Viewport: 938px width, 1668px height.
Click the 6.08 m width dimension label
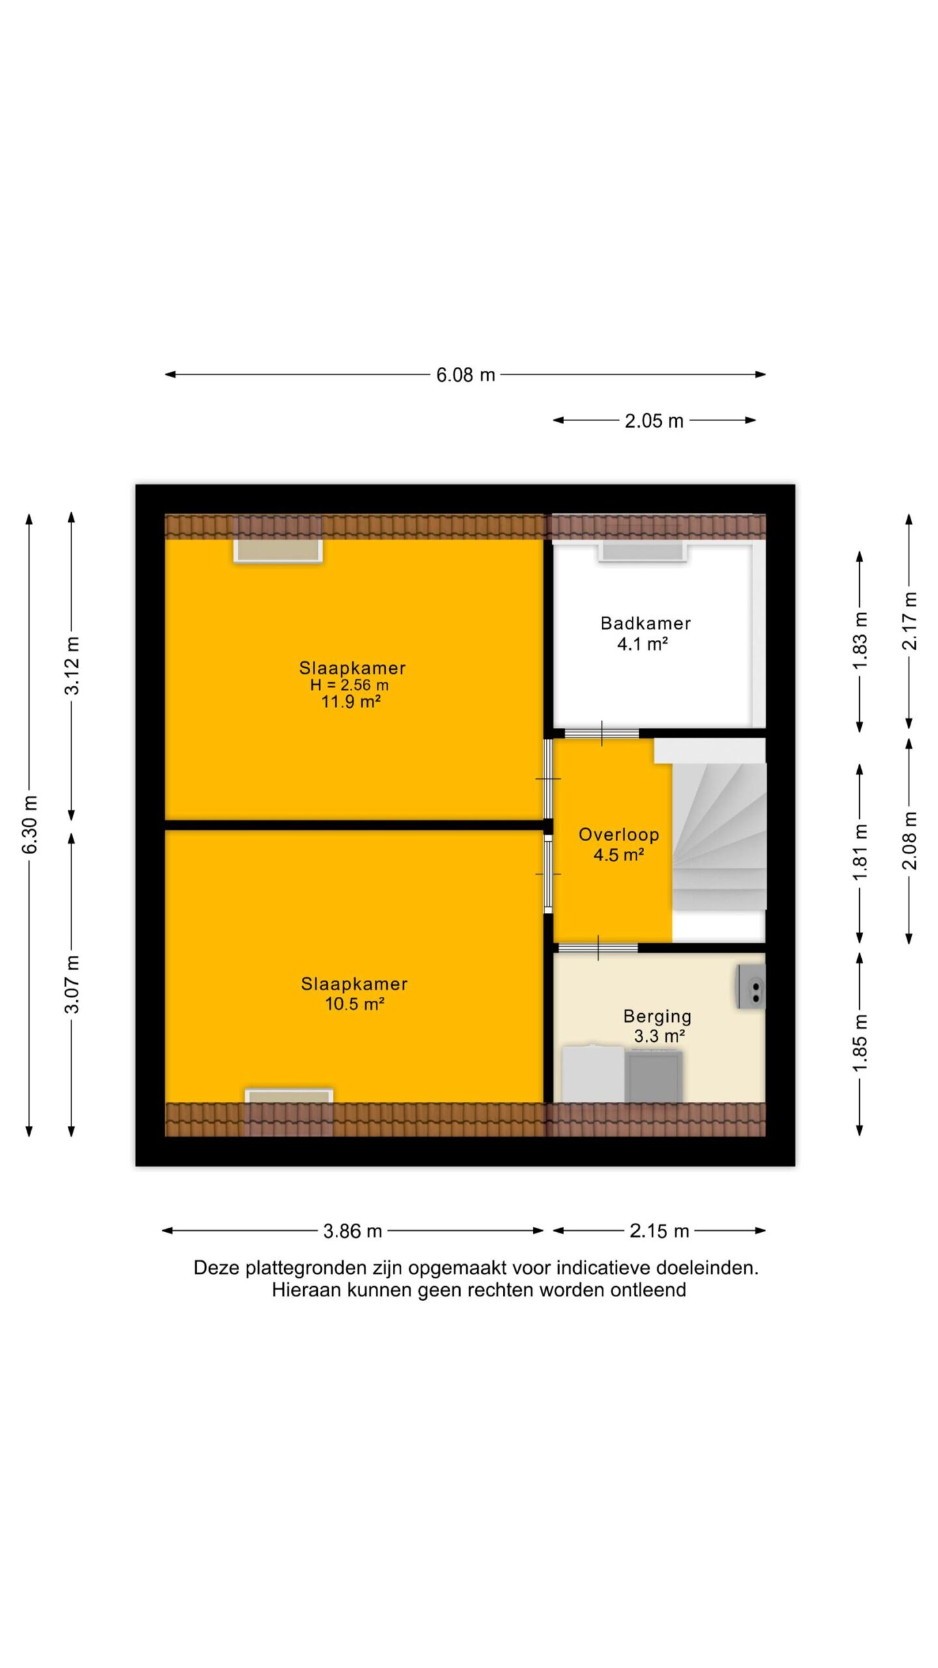(x=465, y=375)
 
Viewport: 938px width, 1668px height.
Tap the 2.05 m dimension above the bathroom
(x=654, y=421)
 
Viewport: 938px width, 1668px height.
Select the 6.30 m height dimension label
(x=30, y=824)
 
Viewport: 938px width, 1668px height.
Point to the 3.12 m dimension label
(x=72, y=666)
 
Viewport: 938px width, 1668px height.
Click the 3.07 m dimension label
(x=72, y=984)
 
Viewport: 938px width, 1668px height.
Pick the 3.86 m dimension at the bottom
(x=352, y=1231)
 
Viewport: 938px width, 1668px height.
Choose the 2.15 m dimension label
(x=659, y=1231)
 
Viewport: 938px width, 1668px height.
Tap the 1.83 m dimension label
(x=860, y=640)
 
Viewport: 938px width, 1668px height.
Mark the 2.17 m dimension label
(x=909, y=621)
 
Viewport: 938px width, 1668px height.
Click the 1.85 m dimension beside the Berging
(x=860, y=1042)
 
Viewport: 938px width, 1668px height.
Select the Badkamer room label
(x=646, y=624)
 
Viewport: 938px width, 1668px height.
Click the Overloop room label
(x=619, y=835)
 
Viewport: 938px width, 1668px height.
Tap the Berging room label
(x=657, y=1016)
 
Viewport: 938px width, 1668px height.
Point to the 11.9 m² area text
(x=350, y=702)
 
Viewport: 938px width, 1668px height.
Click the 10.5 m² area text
(x=354, y=1003)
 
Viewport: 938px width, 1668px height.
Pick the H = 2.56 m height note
(x=349, y=685)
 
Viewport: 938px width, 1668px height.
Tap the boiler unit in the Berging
(x=751, y=986)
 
